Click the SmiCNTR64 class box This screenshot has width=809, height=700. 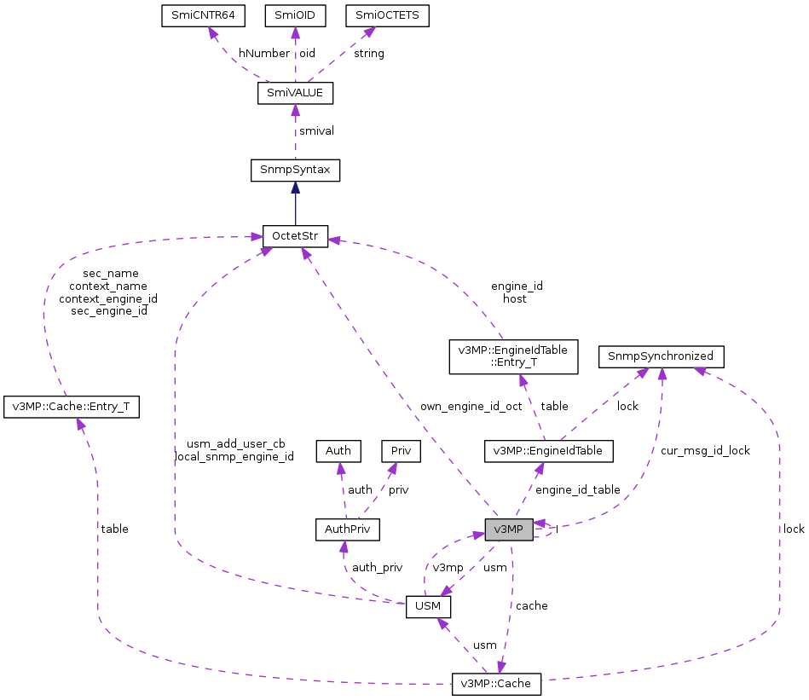coord(199,16)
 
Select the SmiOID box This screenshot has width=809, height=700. coord(295,16)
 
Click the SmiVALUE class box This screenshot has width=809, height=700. coord(295,93)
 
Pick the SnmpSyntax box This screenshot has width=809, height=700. coord(295,170)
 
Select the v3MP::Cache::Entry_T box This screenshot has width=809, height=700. coord(72,407)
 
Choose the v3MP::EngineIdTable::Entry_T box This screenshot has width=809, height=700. coord(513,356)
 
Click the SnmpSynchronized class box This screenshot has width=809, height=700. coord(662,356)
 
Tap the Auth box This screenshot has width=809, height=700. coord(338,449)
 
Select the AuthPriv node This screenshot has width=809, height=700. coord(346,529)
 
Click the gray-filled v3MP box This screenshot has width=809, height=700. coord(509,529)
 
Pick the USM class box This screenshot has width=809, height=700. coord(428,606)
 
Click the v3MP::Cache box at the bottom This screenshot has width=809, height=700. coord(496,683)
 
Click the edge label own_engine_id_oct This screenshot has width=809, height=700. coord(471,406)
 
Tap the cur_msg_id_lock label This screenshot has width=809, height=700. coord(705,450)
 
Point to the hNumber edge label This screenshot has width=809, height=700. coord(263,53)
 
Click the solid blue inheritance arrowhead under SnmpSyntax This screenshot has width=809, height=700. coord(295,188)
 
